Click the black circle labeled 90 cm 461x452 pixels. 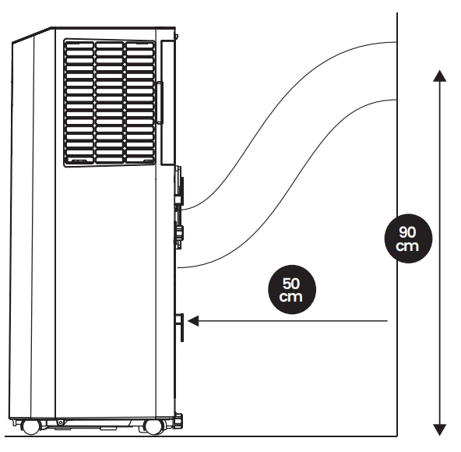pos(408,238)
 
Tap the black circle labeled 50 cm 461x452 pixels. pos(292,290)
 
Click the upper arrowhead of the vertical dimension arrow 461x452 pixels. pos(440,76)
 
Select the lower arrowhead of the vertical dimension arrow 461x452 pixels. pos(440,429)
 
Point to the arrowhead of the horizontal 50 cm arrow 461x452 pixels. pos(193,321)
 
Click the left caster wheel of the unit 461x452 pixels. pos(31,427)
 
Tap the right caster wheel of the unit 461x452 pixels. pos(153,427)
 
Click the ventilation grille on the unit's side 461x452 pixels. pos(110,103)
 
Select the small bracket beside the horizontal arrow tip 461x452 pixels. pos(180,327)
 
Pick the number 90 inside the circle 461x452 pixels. pos(408,232)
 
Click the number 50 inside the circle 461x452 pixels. pos(291,284)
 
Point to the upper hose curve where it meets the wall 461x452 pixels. pos(396,42)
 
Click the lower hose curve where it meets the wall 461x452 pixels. pos(396,100)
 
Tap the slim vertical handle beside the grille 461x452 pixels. pos(160,103)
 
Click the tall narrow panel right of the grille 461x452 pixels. pos(168,102)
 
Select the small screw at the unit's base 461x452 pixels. pos(61,422)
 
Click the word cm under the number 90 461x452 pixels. pos(407,246)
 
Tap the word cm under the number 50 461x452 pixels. pos(291,297)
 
